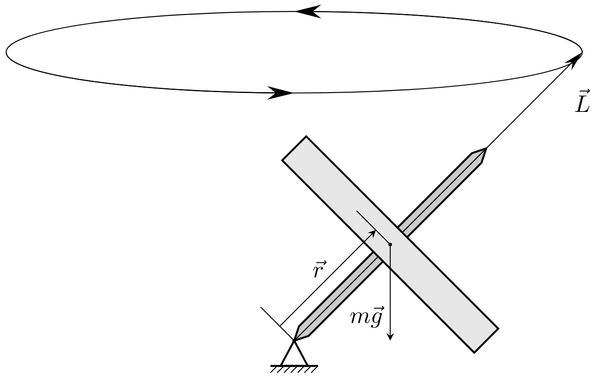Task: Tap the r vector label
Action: [319, 269]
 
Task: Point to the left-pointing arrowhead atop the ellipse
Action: [308, 12]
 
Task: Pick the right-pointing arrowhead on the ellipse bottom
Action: [280, 93]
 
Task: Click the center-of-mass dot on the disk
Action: [390, 244]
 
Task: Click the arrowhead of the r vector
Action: [372, 234]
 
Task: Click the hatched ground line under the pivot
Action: [294, 369]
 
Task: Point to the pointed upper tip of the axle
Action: [486, 148]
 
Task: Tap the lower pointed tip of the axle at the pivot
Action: [294, 340]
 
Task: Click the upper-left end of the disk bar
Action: [294, 148]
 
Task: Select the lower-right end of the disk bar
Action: [486, 341]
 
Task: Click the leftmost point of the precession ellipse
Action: [6, 52]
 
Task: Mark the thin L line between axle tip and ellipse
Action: [534, 100]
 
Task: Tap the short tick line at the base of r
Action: [277, 323]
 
